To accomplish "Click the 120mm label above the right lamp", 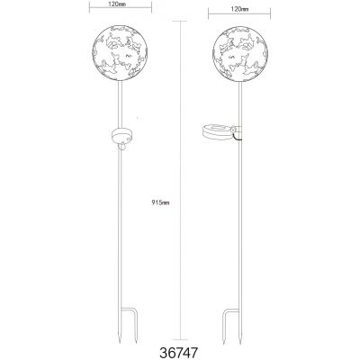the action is point(239,9).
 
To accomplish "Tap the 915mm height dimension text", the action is point(160,202).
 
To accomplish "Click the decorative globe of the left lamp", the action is point(120,53).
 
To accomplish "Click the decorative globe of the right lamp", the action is point(240,54).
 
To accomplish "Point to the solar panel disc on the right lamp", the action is point(217,132).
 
